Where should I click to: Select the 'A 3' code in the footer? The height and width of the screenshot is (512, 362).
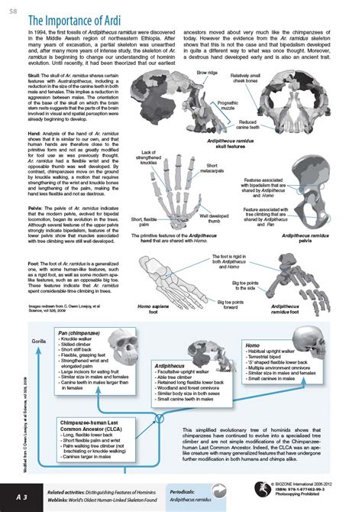pyautogui.click(x=18, y=496)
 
